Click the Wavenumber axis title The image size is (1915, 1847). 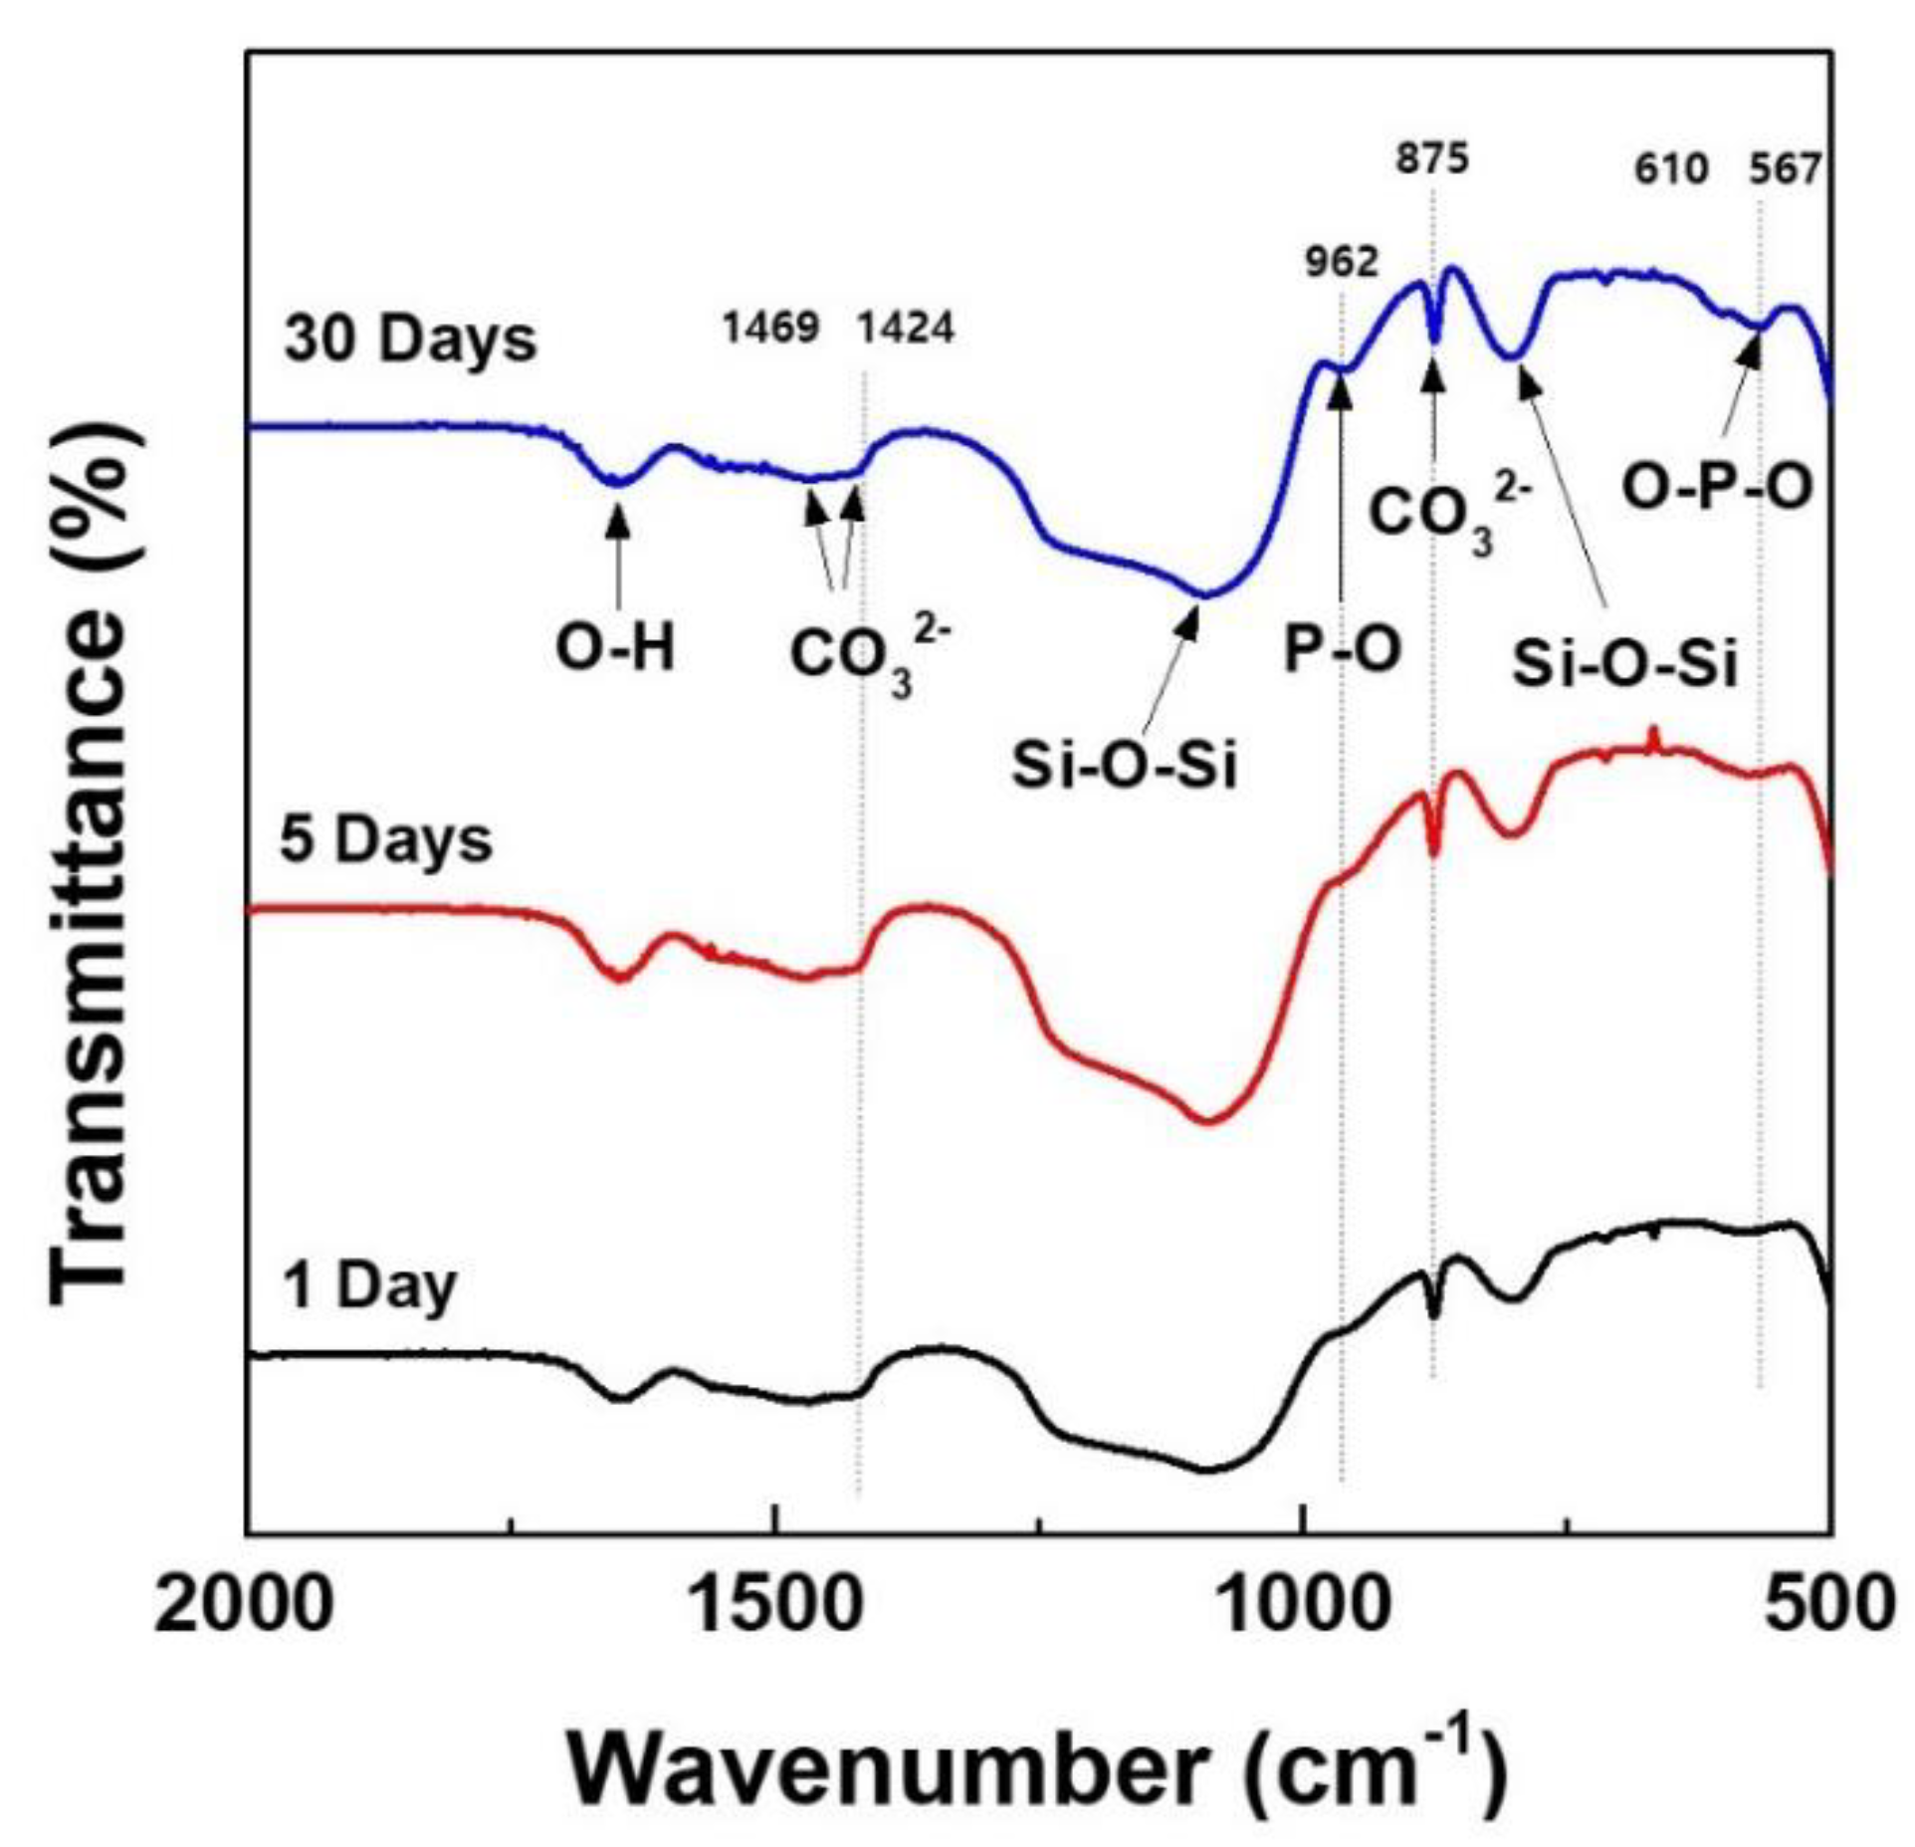(x=1035, y=1769)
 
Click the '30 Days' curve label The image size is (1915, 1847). (x=410, y=340)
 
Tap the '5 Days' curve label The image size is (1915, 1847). (x=386, y=840)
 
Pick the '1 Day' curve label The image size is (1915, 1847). (x=369, y=1286)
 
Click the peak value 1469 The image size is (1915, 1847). (x=771, y=328)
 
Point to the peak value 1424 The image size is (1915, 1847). (x=906, y=328)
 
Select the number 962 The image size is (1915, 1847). (x=1342, y=262)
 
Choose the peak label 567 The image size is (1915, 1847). (x=1785, y=169)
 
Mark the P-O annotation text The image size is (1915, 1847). (x=1343, y=649)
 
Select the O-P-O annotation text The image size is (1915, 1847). (x=1717, y=489)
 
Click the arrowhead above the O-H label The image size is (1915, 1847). (x=618, y=515)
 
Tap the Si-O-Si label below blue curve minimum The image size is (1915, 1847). (x=1124, y=767)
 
